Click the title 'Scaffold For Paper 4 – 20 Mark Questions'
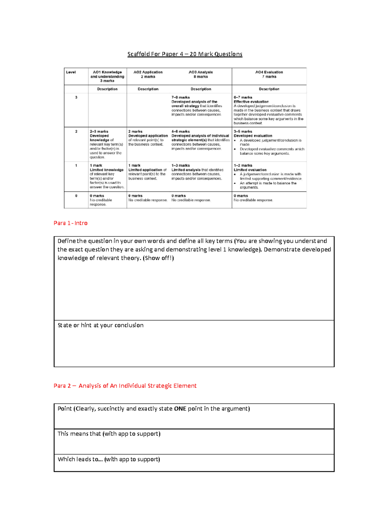tap(185, 54)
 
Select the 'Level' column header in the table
tap(71, 72)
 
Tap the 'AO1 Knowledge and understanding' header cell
tap(107, 76)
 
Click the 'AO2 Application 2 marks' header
tap(148, 74)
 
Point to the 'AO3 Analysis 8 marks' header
tap(201, 74)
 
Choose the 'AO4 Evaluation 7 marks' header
tap(269, 74)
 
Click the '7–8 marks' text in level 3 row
tap(181, 97)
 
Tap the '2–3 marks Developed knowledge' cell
tap(107, 144)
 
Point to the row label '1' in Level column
tap(76, 166)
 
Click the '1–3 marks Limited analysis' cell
tap(197, 172)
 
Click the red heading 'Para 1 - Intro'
tap(71, 223)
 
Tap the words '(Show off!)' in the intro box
tap(158, 258)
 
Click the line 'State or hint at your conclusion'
tap(101, 325)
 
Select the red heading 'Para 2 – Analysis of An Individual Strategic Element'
tap(125, 386)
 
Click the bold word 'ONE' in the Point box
tap(180, 409)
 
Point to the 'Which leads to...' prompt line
tap(109, 459)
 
